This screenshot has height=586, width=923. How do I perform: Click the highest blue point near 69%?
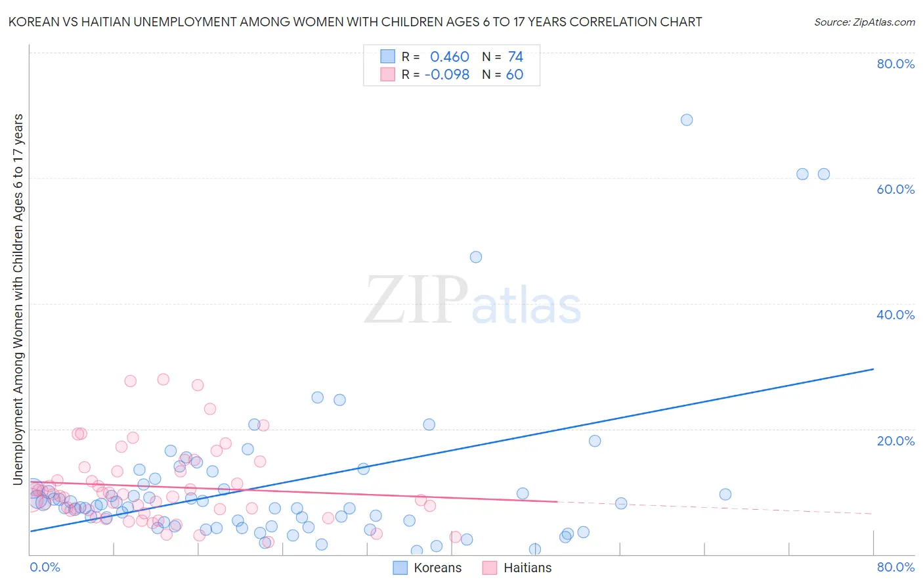click(x=687, y=120)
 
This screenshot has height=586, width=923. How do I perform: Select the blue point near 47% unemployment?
click(x=476, y=257)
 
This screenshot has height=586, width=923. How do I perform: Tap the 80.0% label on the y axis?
click(x=895, y=64)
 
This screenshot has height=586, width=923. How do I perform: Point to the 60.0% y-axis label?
click(x=895, y=189)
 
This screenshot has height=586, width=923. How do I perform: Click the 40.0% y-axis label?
click(x=895, y=315)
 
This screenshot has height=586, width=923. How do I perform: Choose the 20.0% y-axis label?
click(x=895, y=441)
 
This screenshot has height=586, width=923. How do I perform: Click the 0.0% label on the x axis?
click(x=45, y=567)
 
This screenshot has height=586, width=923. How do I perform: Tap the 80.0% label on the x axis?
click(x=895, y=567)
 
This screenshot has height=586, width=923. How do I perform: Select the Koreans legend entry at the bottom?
click(x=427, y=568)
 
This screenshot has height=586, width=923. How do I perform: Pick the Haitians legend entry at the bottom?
click(x=517, y=568)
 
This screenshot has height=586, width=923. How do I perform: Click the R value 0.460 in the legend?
click(x=449, y=57)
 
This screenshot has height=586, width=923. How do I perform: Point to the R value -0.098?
click(x=447, y=75)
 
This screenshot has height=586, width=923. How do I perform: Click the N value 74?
click(x=515, y=57)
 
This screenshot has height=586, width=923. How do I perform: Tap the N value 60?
click(x=515, y=75)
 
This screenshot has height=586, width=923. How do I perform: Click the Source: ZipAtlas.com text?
click(x=864, y=22)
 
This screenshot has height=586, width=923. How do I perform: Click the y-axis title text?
click(x=18, y=299)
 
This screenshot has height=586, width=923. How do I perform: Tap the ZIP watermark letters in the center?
click(x=416, y=300)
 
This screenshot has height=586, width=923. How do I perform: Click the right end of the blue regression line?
click(x=872, y=369)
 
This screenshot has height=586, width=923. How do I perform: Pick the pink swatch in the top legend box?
click(x=388, y=74)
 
